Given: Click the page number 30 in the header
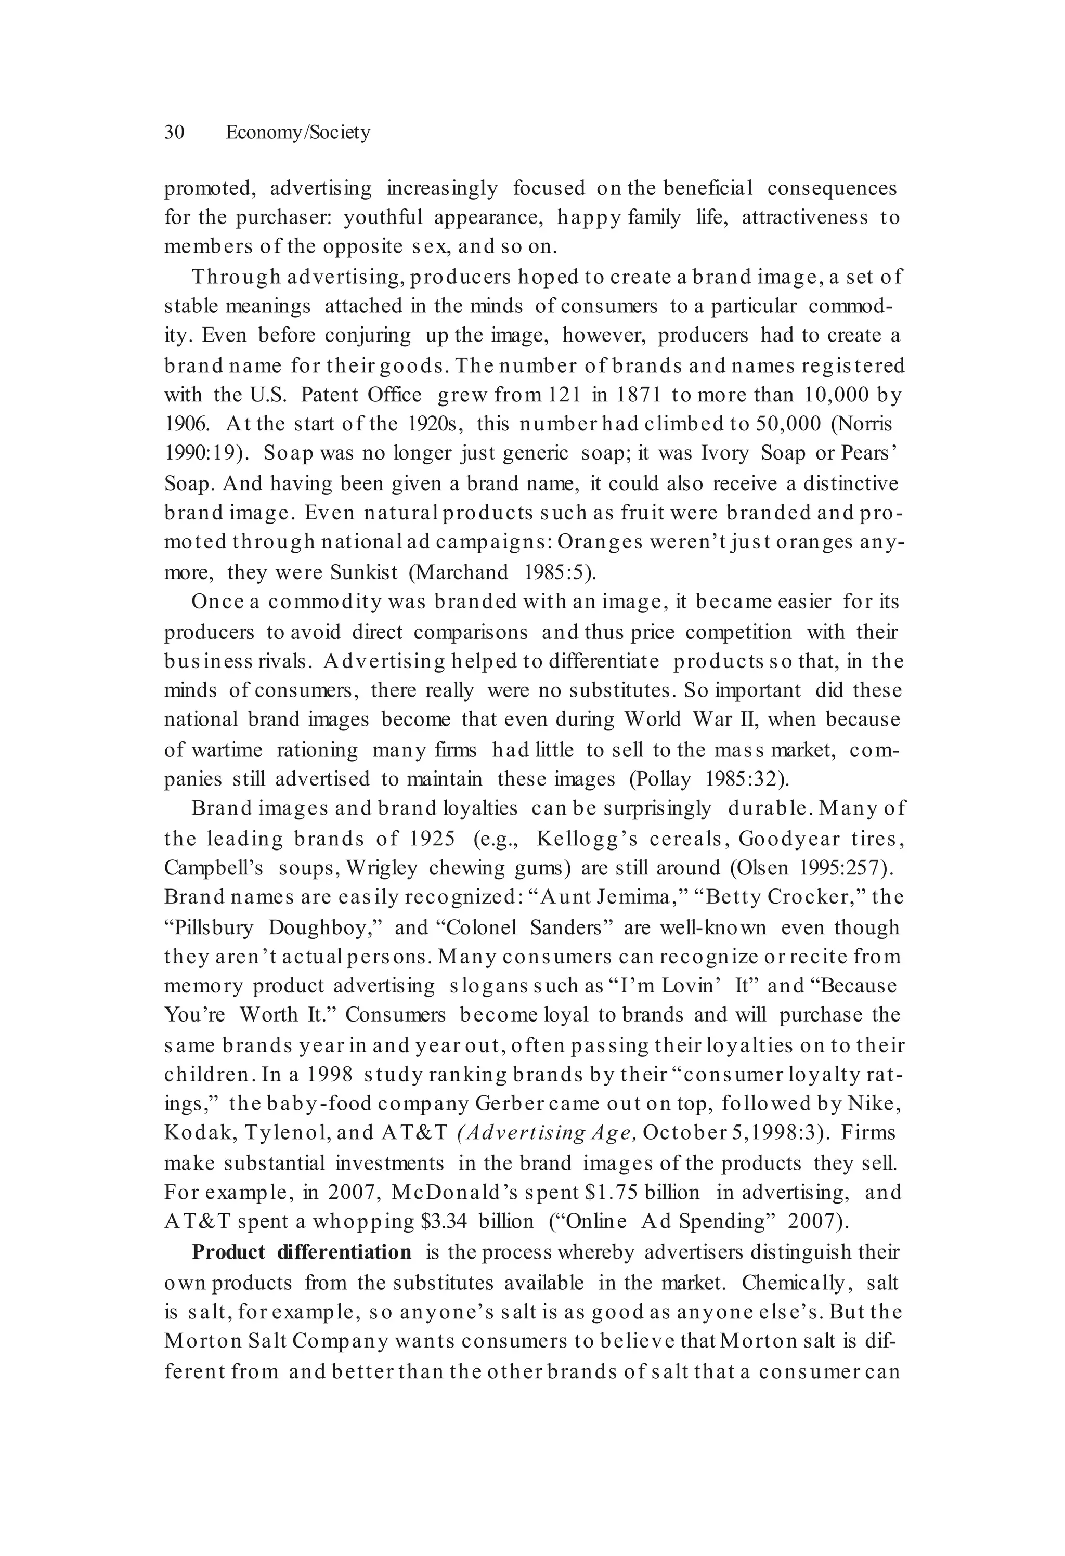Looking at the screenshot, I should click(174, 132).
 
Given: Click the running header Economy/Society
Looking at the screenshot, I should click(298, 133).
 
